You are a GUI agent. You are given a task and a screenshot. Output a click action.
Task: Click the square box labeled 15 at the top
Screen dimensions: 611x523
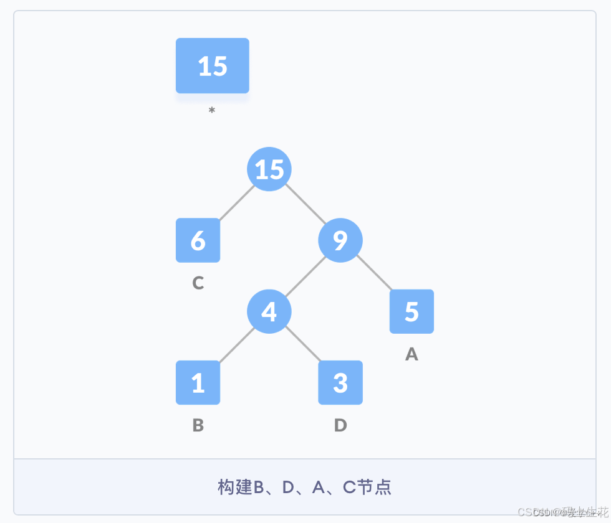(x=212, y=66)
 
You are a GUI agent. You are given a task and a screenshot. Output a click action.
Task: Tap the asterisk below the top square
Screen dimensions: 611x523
(x=212, y=111)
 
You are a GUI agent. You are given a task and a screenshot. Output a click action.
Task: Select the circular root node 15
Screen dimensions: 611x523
(x=269, y=169)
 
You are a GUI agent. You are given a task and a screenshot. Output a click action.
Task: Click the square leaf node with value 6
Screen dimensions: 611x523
(x=198, y=240)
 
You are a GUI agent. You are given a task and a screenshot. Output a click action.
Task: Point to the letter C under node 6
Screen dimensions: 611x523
(x=198, y=283)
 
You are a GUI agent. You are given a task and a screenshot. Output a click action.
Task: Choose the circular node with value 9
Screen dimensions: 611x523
(x=340, y=240)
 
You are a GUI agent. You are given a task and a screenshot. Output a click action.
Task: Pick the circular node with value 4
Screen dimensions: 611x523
(x=269, y=311)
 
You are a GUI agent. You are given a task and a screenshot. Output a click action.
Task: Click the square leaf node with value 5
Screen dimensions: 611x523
(x=411, y=311)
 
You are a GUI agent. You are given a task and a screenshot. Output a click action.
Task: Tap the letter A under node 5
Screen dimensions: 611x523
(x=411, y=354)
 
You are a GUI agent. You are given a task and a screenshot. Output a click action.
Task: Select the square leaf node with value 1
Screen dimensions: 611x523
(x=198, y=382)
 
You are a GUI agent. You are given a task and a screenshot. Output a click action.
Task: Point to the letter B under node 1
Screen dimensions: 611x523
(x=198, y=425)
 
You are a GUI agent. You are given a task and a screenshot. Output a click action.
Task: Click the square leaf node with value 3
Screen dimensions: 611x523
(x=340, y=382)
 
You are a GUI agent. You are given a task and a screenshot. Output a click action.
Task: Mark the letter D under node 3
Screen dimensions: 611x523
(x=340, y=425)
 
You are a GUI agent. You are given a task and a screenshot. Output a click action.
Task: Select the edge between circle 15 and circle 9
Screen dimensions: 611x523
(x=305, y=205)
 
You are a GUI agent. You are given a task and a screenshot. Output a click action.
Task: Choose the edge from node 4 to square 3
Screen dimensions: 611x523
(x=304, y=346)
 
